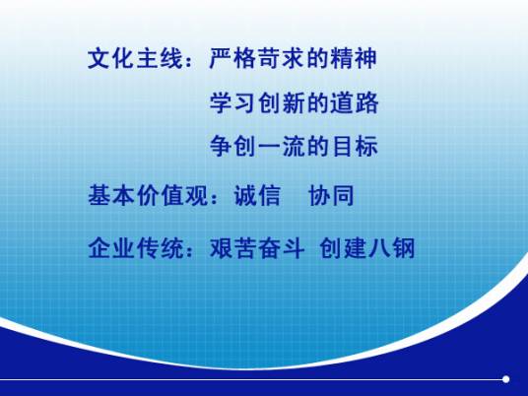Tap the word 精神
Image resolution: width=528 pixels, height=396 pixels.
pyautogui.click(x=357, y=58)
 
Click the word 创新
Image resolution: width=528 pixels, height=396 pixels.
pyautogui.click(x=273, y=103)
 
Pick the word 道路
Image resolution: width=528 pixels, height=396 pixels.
pyautogui.click(x=357, y=103)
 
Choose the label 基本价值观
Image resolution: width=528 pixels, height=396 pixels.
pyautogui.click(x=140, y=195)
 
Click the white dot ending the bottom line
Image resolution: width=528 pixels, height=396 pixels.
pyautogui.click(x=505, y=378)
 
